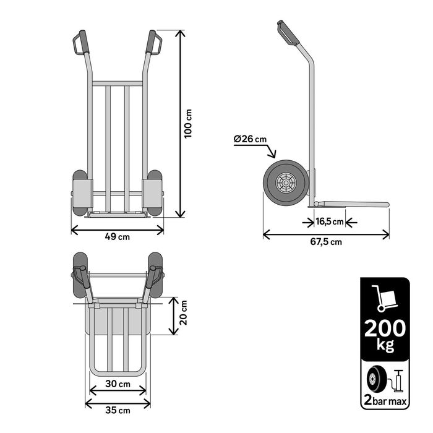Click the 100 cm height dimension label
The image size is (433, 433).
point(188,124)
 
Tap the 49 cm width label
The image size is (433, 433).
point(118,237)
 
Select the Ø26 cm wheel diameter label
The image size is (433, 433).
point(250,139)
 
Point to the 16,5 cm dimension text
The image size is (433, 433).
point(330,221)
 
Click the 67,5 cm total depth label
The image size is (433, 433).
point(326,242)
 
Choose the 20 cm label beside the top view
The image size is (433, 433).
point(183,312)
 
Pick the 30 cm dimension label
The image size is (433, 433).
point(118,384)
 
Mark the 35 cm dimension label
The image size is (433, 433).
point(118,410)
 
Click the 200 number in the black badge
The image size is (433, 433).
point(385,328)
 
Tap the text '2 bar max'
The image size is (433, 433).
point(385,400)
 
